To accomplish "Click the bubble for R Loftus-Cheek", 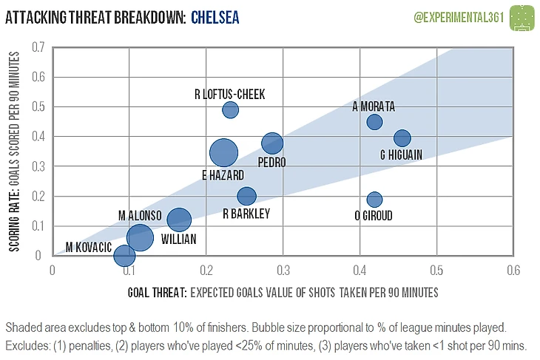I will click(x=231, y=110).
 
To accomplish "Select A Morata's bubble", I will click(x=374, y=122).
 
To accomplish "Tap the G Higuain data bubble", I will click(x=402, y=138).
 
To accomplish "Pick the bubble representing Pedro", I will click(x=272, y=143).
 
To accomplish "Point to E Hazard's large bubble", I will click(x=223, y=153).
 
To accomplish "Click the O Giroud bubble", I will click(x=374, y=199).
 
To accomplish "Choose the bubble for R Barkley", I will click(x=246, y=197).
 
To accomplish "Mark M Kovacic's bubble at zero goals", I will click(x=124, y=256).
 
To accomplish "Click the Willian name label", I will click(x=179, y=240).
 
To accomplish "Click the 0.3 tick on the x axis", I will click(x=283, y=270).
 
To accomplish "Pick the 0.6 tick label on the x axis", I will click(x=512, y=270).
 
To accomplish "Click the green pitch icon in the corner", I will click(x=524, y=16).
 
